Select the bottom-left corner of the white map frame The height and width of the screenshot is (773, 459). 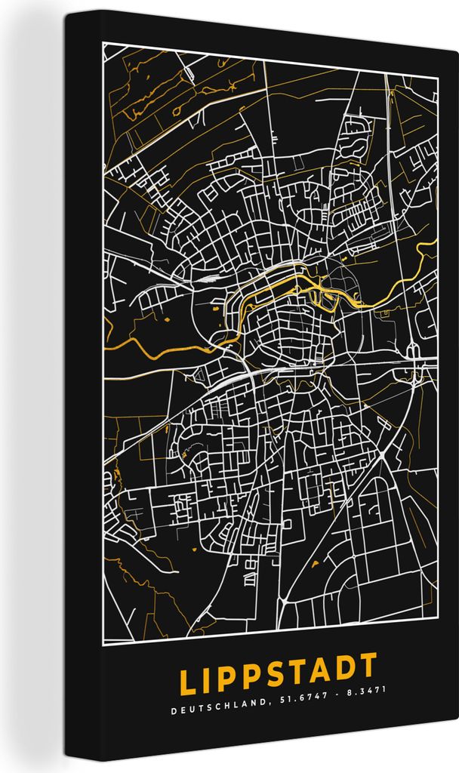point(103,642)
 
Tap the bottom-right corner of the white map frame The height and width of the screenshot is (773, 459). point(438,640)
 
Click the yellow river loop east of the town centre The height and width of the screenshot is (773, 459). point(329,297)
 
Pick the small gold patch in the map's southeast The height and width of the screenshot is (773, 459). point(313,564)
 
